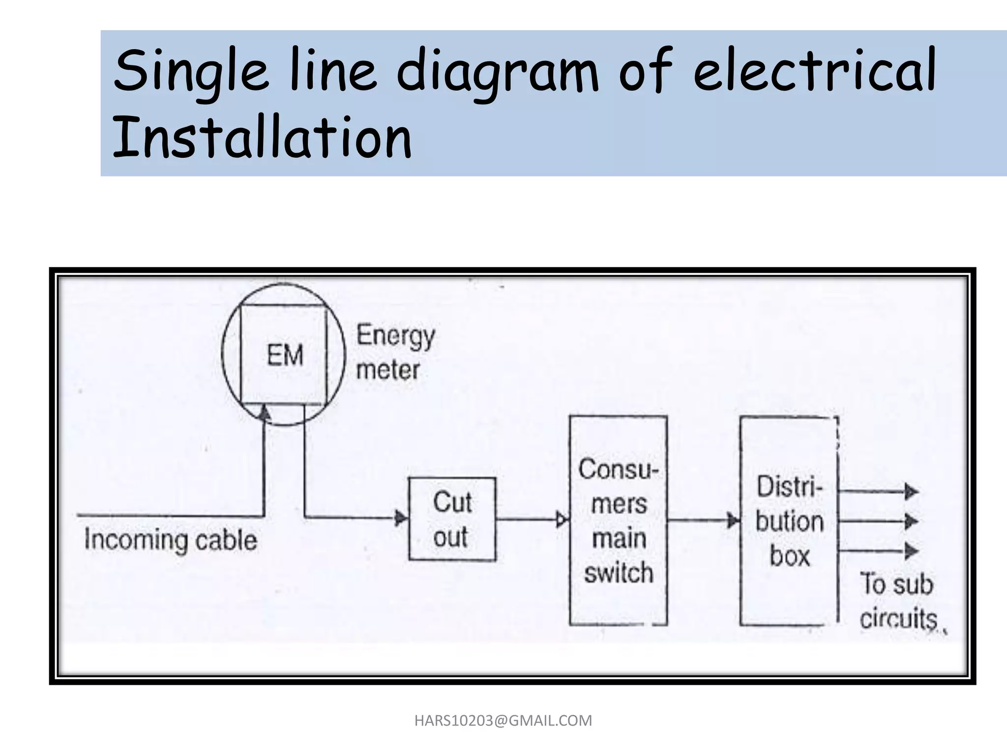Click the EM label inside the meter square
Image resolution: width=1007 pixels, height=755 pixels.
(x=285, y=355)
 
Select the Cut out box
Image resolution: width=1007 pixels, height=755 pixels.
(x=452, y=519)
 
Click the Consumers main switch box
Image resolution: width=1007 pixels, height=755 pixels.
(x=618, y=521)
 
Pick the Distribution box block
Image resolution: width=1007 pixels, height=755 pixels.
(x=789, y=521)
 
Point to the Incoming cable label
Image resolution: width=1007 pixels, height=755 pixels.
(x=170, y=540)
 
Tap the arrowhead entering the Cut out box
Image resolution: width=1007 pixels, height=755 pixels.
(x=401, y=518)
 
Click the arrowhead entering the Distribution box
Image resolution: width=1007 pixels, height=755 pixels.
(x=734, y=521)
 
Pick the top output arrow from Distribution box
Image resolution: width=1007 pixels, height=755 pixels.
(x=911, y=491)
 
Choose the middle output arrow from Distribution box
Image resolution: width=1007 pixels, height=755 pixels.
(x=911, y=521)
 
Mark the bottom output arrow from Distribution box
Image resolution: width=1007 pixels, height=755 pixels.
(x=911, y=551)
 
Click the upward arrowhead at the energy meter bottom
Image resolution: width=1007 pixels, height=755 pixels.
(x=265, y=413)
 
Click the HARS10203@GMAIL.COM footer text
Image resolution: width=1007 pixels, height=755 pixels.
(x=503, y=721)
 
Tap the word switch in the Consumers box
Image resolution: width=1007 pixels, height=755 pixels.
(x=618, y=573)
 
